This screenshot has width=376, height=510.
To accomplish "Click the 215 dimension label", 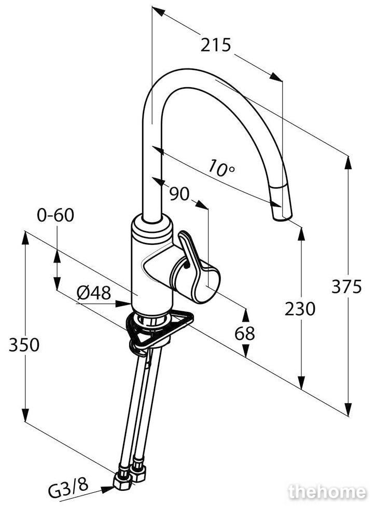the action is coord(215,45).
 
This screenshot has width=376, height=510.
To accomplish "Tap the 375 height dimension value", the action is coord(346,286).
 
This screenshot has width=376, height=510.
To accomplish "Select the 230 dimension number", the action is coord(300,309).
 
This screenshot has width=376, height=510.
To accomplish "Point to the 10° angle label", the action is coord(221,168).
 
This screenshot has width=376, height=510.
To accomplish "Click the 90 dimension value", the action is coord(179,194).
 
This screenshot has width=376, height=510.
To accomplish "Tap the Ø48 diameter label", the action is coord(94,293).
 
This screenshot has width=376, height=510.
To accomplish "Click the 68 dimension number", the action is coord(245,334).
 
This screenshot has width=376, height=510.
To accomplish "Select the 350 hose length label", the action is coord(24,345).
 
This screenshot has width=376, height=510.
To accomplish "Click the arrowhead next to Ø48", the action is coord(124,304).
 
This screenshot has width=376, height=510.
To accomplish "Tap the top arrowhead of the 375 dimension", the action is coord(348,162).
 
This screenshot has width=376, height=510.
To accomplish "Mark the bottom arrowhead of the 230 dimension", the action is coord(302,383).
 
